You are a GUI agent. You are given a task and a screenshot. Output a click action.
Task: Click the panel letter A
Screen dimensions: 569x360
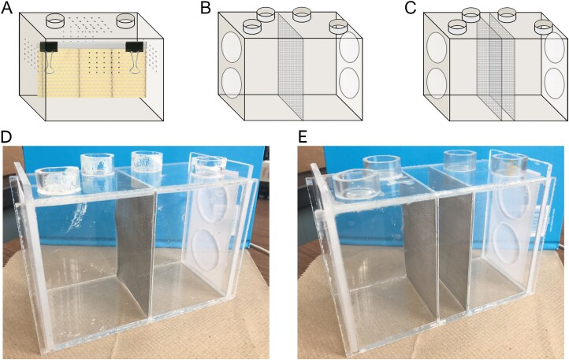6,7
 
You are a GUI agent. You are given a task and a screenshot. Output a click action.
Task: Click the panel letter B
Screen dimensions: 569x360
206,7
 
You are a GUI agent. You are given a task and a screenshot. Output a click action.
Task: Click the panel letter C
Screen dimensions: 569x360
411,7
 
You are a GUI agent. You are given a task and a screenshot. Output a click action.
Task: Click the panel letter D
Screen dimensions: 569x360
6,136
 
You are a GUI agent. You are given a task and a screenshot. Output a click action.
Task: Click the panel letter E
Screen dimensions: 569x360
303,136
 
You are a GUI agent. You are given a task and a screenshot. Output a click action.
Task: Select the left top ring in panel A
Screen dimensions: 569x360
55,20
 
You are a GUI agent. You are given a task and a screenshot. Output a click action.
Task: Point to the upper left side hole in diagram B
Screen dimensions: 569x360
232,49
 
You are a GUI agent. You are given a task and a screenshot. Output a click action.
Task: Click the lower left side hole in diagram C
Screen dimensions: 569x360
437,84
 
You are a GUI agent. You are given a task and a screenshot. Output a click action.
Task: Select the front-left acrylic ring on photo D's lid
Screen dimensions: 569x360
58,180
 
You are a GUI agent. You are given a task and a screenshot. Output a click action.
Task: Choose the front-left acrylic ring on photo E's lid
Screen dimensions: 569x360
356,184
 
